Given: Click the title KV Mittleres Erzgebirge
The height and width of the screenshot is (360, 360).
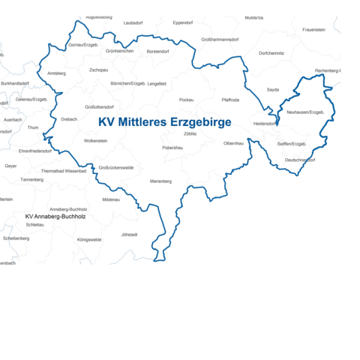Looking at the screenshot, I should [x=165, y=121].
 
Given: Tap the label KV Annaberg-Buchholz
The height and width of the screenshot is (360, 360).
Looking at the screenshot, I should [x=55, y=216].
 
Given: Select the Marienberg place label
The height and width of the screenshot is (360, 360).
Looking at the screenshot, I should [x=160, y=181].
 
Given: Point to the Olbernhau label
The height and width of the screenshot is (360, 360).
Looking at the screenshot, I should [x=233, y=142].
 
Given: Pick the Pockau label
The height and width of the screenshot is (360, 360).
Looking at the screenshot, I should [x=187, y=99].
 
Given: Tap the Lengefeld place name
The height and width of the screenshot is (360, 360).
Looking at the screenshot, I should [x=157, y=84].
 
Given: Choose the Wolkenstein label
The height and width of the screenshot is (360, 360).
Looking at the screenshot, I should [x=95, y=140].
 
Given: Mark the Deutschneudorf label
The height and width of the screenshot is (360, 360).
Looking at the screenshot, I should [x=300, y=160].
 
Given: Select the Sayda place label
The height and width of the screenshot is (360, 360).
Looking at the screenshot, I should [x=273, y=89].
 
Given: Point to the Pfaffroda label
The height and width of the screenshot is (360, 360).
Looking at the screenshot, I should [x=230, y=99].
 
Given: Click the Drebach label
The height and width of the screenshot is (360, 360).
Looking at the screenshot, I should [x=69, y=118].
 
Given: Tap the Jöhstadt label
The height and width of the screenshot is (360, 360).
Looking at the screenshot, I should [x=130, y=234].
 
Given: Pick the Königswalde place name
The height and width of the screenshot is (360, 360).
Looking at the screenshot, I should [x=88, y=240].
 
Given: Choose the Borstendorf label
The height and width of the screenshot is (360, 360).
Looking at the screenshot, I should [x=157, y=51].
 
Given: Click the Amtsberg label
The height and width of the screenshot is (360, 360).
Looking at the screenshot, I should [x=56, y=73].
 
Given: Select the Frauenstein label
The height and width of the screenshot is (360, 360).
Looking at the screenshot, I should [x=313, y=29].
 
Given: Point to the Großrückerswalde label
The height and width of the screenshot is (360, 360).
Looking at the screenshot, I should [x=116, y=167].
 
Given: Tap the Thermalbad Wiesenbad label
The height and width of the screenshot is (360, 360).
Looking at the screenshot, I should [x=64, y=171].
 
